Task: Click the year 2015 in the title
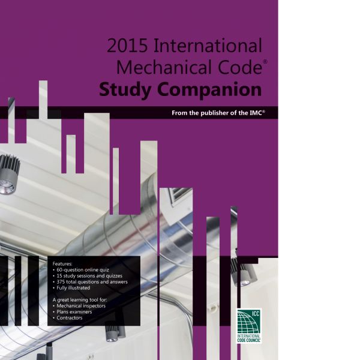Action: (127, 45)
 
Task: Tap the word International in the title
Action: (208, 45)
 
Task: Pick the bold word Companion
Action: (209, 90)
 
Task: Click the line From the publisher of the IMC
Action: (218, 113)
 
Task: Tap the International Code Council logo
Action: (249, 326)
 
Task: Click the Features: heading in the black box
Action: (62, 264)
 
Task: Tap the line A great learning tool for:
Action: (80, 300)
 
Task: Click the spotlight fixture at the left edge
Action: (9, 175)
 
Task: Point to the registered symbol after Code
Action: (265, 62)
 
